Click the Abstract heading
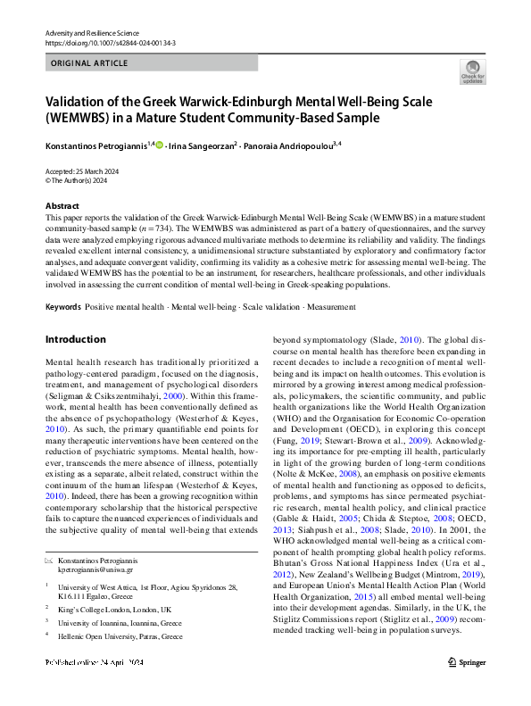click(x=62, y=205)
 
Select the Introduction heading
click(x=75, y=340)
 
